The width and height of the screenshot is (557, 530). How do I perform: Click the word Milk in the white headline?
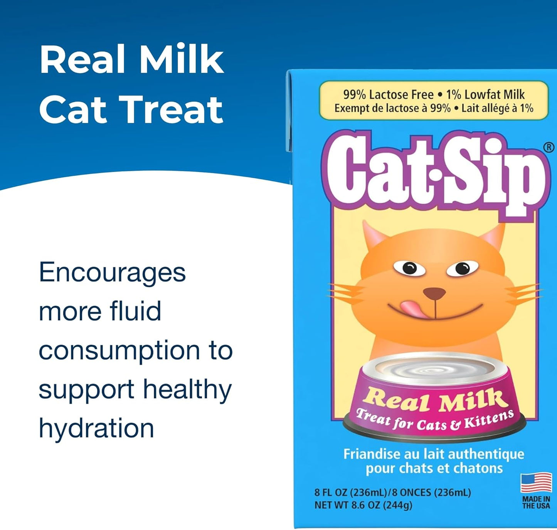click(181, 59)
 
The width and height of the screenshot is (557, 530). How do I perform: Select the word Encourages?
click(112, 273)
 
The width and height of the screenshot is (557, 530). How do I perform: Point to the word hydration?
click(96, 429)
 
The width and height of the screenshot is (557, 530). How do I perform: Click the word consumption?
click(119, 351)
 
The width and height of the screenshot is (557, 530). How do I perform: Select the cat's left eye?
click(410, 267)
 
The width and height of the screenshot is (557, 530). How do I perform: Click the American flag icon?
click(536, 483)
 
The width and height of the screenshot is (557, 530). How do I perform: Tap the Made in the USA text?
click(536, 502)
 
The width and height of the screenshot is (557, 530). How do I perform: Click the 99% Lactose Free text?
click(388, 94)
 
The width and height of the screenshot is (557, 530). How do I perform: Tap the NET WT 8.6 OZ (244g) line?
click(363, 505)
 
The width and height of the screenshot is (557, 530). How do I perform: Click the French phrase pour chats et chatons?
click(434, 468)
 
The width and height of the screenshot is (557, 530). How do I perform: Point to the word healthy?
click(187, 390)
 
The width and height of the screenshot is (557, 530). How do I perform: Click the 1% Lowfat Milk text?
click(485, 94)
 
